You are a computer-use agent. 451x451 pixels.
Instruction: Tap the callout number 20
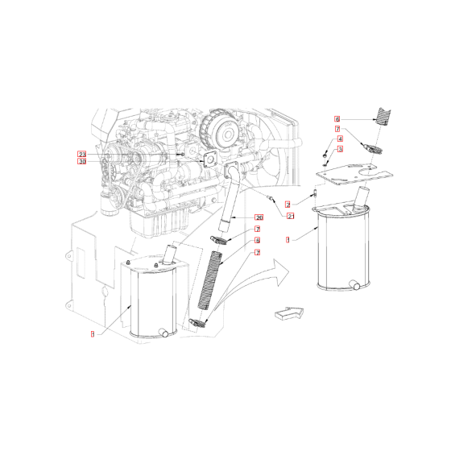pos(259,218)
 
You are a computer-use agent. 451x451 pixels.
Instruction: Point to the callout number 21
pos(290,215)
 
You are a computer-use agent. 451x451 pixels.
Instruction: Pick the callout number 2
pos(288,205)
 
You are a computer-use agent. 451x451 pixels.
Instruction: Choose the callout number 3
pos(340,149)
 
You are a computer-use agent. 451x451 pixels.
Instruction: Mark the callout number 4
pos(340,139)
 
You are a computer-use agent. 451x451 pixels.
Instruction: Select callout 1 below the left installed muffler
pos(93,333)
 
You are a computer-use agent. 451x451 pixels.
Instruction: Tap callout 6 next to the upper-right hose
pos(338,118)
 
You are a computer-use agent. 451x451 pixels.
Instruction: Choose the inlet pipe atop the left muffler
pos(170,254)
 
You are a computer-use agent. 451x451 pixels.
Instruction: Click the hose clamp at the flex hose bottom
pos(198,322)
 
